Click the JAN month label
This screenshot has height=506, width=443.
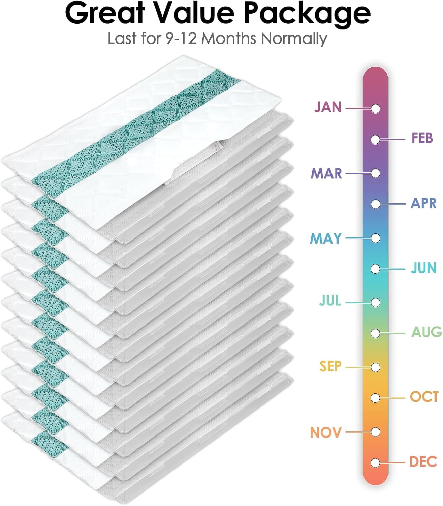point(328,107)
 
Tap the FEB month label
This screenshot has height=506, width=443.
point(422,138)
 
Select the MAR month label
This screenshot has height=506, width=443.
point(326,173)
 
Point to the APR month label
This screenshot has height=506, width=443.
point(423,203)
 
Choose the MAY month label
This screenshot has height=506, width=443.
point(325,238)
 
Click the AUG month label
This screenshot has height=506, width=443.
point(426,332)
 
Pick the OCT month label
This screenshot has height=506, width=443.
point(424,397)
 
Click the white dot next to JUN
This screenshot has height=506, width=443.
point(376,269)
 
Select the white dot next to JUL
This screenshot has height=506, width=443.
point(376,302)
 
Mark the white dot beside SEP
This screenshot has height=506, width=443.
point(376,367)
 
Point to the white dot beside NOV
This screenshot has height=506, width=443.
point(376,432)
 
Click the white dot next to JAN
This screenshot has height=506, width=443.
point(376,109)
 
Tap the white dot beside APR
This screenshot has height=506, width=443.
point(376,204)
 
